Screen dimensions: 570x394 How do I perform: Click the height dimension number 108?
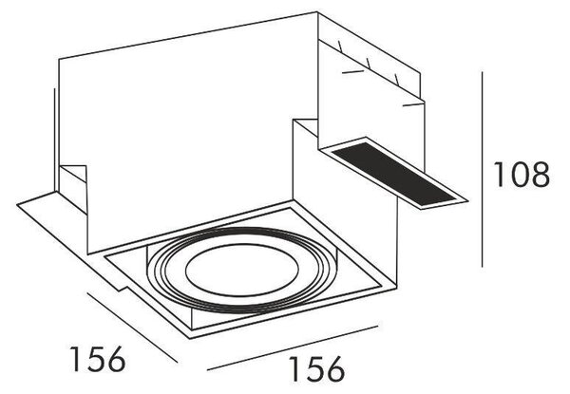522,175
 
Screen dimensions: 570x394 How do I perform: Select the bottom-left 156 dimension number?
98,359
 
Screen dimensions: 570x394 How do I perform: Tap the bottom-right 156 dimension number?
316,368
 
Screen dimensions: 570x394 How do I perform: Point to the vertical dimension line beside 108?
482,169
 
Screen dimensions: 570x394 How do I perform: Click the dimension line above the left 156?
132,328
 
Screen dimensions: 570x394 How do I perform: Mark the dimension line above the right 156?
293,347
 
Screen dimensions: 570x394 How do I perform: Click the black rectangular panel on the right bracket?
394,173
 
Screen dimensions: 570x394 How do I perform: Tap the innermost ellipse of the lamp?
241,270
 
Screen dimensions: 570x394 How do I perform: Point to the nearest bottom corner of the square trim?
190,338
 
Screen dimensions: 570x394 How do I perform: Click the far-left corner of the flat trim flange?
17,205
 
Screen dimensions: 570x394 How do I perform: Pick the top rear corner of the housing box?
317,12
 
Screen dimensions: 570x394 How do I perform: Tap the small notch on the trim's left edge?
123,289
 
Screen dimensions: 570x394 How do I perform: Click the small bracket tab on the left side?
73,189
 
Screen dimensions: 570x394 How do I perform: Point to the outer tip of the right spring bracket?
467,200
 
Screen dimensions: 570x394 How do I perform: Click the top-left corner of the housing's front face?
59,58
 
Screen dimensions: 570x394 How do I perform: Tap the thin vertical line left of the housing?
54,140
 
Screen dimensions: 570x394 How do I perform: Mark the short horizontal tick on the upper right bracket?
352,72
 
